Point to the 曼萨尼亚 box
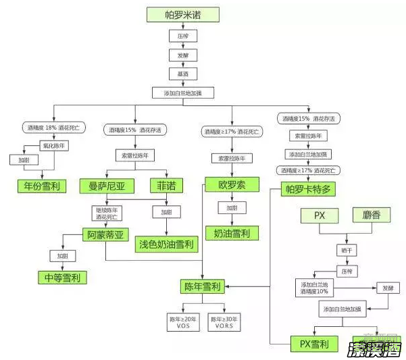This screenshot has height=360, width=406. [x=107, y=185]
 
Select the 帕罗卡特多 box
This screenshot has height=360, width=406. [x=308, y=188]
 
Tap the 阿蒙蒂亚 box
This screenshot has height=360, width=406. [x=108, y=235]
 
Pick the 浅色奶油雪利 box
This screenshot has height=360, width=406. [x=166, y=244]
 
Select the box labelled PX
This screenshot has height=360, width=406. [x=320, y=217]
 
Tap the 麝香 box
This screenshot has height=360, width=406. [x=372, y=217]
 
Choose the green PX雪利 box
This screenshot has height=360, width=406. [x=314, y=344]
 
